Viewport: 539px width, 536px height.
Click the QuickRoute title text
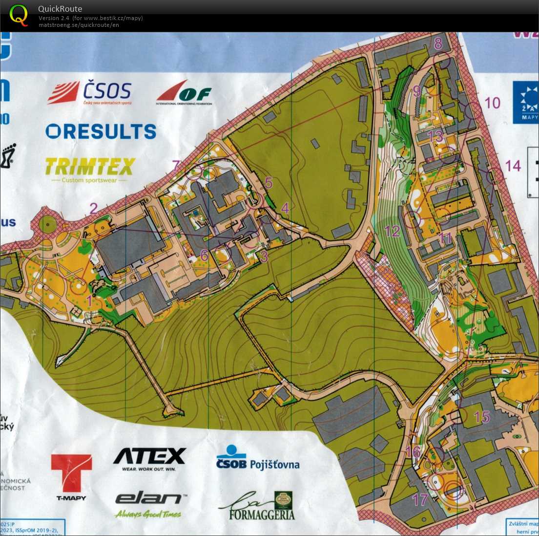click(60, 9)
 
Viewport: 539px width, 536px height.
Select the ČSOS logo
click(90, 92)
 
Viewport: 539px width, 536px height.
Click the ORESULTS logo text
click(101, 131)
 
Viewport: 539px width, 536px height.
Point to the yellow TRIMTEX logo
click(90, 167)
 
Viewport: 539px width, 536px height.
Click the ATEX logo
click(149, 456)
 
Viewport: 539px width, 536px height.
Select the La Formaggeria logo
click(257, 506)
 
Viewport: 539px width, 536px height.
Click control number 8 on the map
click(438, 43)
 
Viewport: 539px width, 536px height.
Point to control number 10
click(492, 103)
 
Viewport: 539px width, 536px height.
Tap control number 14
click(513, 166)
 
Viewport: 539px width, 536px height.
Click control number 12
click(392, 231)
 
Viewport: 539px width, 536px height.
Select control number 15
click(481, 417)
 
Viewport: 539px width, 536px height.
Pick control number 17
click(420, 499)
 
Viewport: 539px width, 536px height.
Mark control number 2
click(93, 209)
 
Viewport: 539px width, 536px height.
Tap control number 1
click(89, 300)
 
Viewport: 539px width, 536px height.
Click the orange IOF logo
click(185, 92)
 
